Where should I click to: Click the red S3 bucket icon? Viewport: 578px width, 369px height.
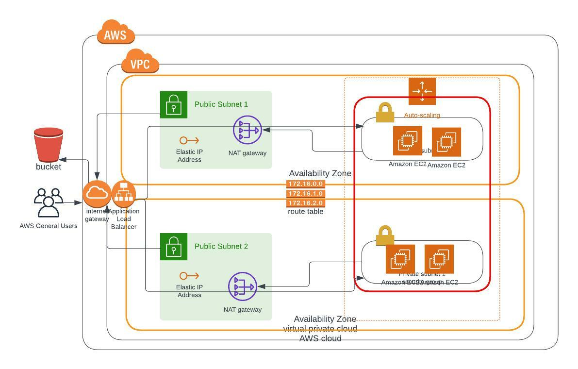coord(49,145)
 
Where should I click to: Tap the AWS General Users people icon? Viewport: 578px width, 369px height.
coord(48,202)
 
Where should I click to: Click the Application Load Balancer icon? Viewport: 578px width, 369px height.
coord(124,194)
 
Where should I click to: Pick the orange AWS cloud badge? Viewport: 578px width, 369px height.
coord(115,34)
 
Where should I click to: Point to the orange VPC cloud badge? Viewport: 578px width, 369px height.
coord(140,63)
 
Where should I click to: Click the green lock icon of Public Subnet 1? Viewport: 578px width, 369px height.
coord(174,104)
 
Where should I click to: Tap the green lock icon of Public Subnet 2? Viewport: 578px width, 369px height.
coord(174,246)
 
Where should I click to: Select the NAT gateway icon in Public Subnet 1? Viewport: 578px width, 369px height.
coord(247,130)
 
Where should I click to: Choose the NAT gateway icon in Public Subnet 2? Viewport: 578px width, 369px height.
coord(242,286)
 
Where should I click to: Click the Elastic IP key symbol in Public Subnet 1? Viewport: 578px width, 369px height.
coord(189,140)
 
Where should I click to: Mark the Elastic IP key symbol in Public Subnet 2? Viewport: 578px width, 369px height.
coord(189,276)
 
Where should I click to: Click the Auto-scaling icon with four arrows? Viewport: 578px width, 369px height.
coord(422,91)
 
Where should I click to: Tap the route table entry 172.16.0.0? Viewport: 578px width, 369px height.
coord(306,184)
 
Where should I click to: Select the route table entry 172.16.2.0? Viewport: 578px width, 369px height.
coord(306,202)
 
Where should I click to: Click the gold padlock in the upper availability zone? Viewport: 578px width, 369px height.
coord(385,113)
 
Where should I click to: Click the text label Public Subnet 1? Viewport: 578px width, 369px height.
coord(221,104)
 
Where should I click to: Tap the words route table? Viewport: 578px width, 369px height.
coord(306,212)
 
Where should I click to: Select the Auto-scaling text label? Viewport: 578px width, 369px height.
coord(422,115)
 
